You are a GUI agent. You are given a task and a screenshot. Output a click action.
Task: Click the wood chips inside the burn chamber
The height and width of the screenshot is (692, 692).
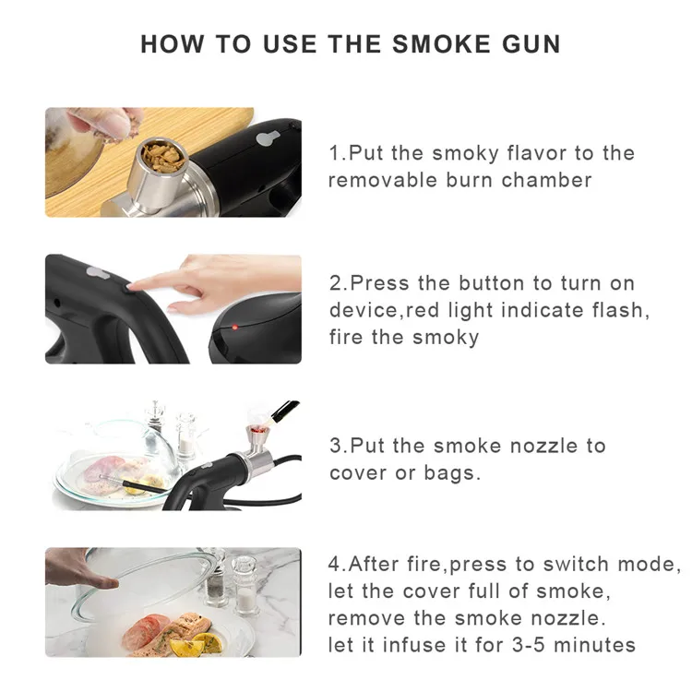(x=164, y=157)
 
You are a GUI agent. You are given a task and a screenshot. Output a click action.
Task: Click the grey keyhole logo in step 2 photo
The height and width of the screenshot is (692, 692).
(x=99, y=272)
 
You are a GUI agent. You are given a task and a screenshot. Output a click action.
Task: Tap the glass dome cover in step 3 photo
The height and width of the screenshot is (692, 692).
(x=120, y=452)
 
